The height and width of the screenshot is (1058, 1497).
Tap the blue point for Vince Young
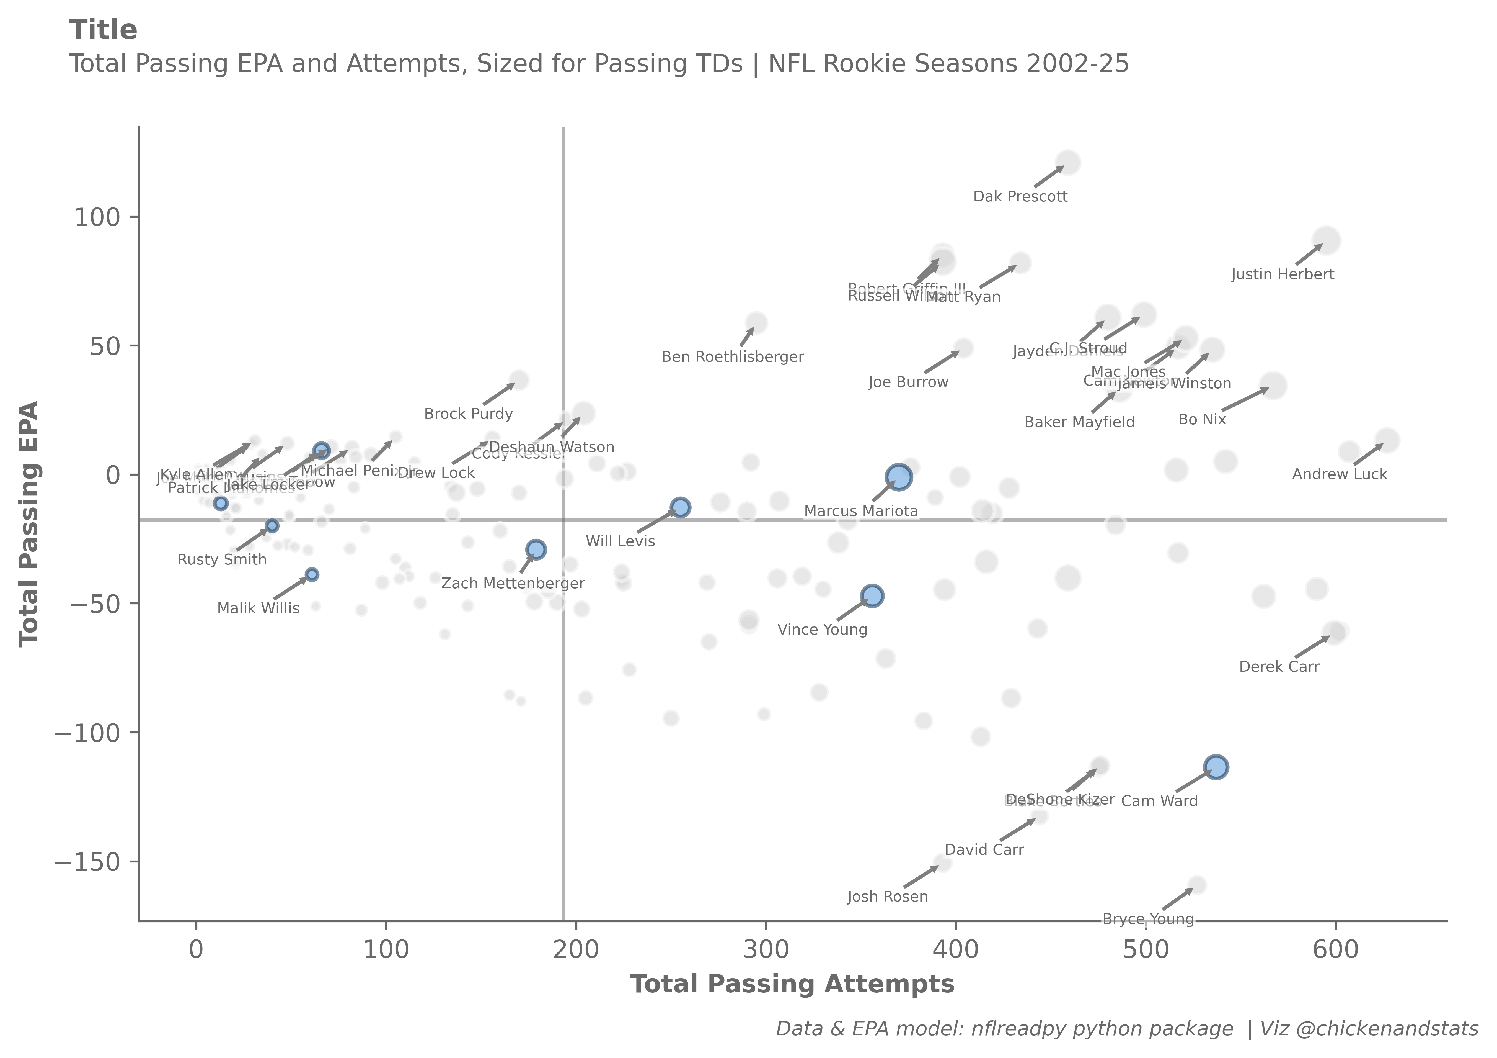coord(872,595)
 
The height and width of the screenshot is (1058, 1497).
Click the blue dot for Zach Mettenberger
coord(536,549)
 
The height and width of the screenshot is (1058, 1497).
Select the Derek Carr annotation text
coord(1279,667)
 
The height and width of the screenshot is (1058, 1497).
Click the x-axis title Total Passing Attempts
coord(792,984)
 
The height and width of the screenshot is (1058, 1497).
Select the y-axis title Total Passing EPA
coord(29,524)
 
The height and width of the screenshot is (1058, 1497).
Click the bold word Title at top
coord(103,30)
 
